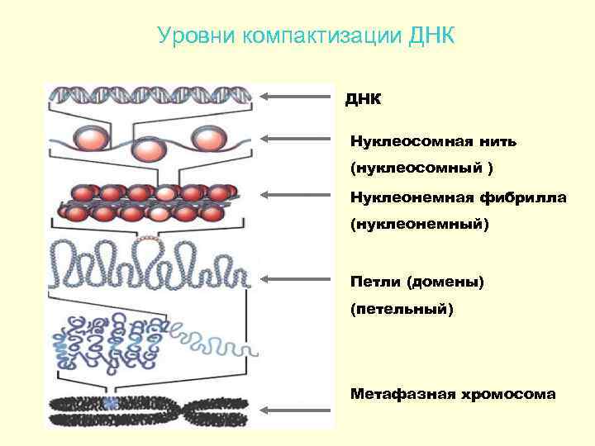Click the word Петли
(375, 282)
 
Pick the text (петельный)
(402, 310)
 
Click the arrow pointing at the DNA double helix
(294, 96)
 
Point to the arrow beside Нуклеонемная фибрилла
(294, 195)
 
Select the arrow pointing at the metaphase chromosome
(294, 409)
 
